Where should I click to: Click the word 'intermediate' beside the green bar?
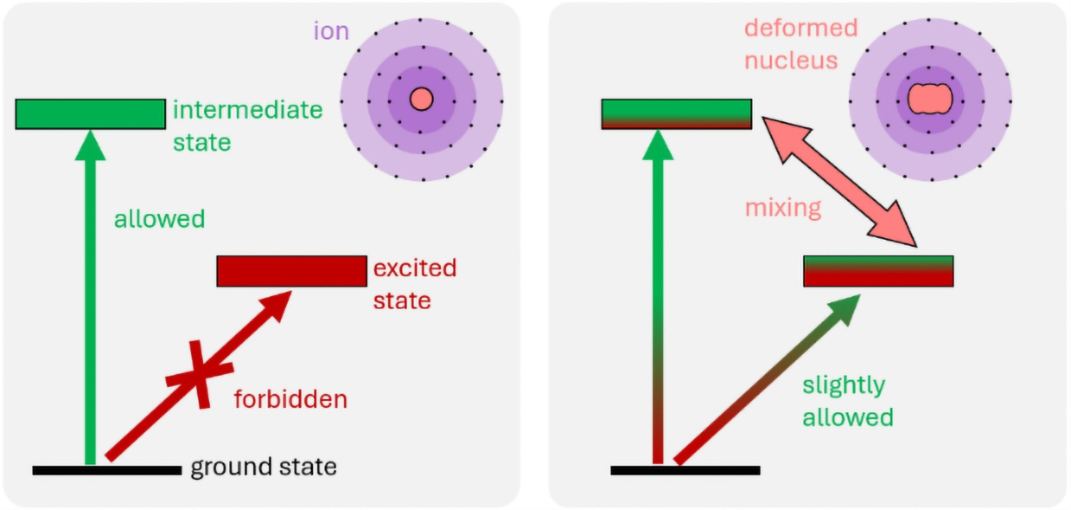248,110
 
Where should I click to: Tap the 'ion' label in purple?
331,31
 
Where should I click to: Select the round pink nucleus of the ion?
421,100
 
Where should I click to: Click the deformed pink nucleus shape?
930,99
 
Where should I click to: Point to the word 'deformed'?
801,28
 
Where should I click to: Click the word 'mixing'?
783,208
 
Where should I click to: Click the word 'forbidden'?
290,399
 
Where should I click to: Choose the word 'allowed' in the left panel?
159,219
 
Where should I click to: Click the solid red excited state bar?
292,271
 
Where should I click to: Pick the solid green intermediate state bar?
90,114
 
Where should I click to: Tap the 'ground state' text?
264,467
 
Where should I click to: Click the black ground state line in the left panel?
107,470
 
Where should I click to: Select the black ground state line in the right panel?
685,470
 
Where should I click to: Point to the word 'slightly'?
844,386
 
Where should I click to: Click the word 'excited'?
415,268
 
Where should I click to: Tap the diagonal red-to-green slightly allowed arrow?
766,381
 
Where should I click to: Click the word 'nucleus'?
791,61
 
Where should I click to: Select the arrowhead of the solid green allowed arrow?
90,146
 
